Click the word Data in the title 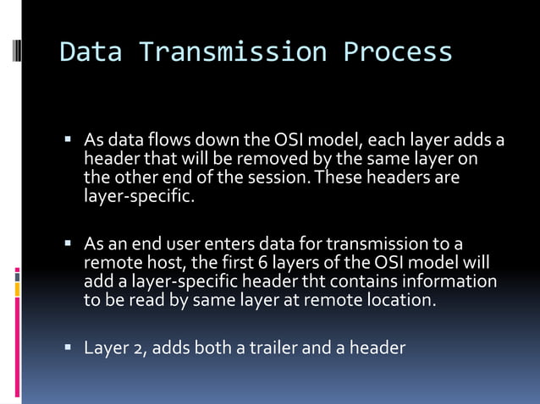pyautogui.click(x=91, y=52)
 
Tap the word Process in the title pyautogui.click(x=398, y=52)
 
